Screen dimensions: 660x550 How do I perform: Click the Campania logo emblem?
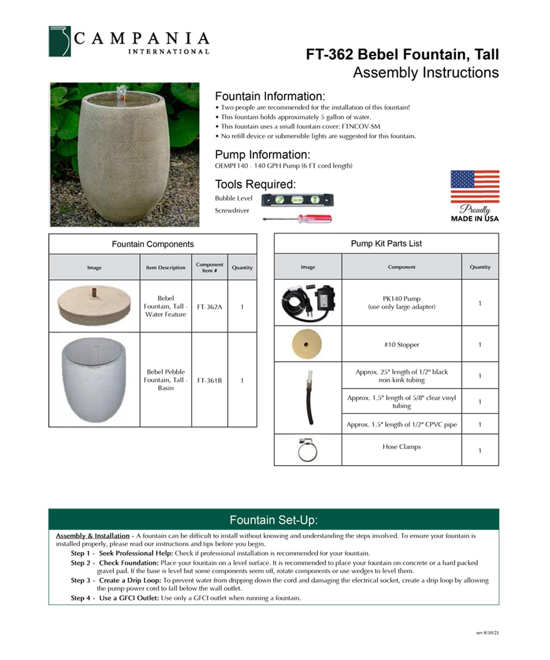click(x=59, y=41)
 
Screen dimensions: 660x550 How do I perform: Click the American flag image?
click(x=475, y=186)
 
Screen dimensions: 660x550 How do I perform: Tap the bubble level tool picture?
click(x=297, y=200)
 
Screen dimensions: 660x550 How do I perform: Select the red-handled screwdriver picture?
click(x=297, y=218)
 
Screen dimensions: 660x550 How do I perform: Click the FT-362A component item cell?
click(x=209, y=307)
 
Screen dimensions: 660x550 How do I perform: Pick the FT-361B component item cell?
click(x=209, y=380)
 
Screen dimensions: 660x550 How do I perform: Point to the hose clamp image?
click(x=307, y=450)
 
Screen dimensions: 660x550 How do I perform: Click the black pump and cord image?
click(x=308, y=303)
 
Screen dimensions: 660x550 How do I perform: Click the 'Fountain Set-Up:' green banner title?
click(x=274, y=520)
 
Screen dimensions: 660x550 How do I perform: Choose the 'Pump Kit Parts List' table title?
click(x=386, y=243)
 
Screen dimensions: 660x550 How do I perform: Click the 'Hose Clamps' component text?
click(x=401, y=447)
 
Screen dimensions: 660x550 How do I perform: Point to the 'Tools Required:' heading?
click(x=255, y=184)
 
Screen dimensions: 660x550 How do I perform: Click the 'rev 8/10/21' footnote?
click(x=488, y=633)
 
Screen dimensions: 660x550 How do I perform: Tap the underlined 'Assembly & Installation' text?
click(x=93, y=536)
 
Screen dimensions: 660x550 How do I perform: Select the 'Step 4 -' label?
click(x=83, y=598)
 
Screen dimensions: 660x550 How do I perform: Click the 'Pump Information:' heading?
click(x=262, y=155)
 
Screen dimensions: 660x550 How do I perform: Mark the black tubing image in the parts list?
click(x=310, y=398)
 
